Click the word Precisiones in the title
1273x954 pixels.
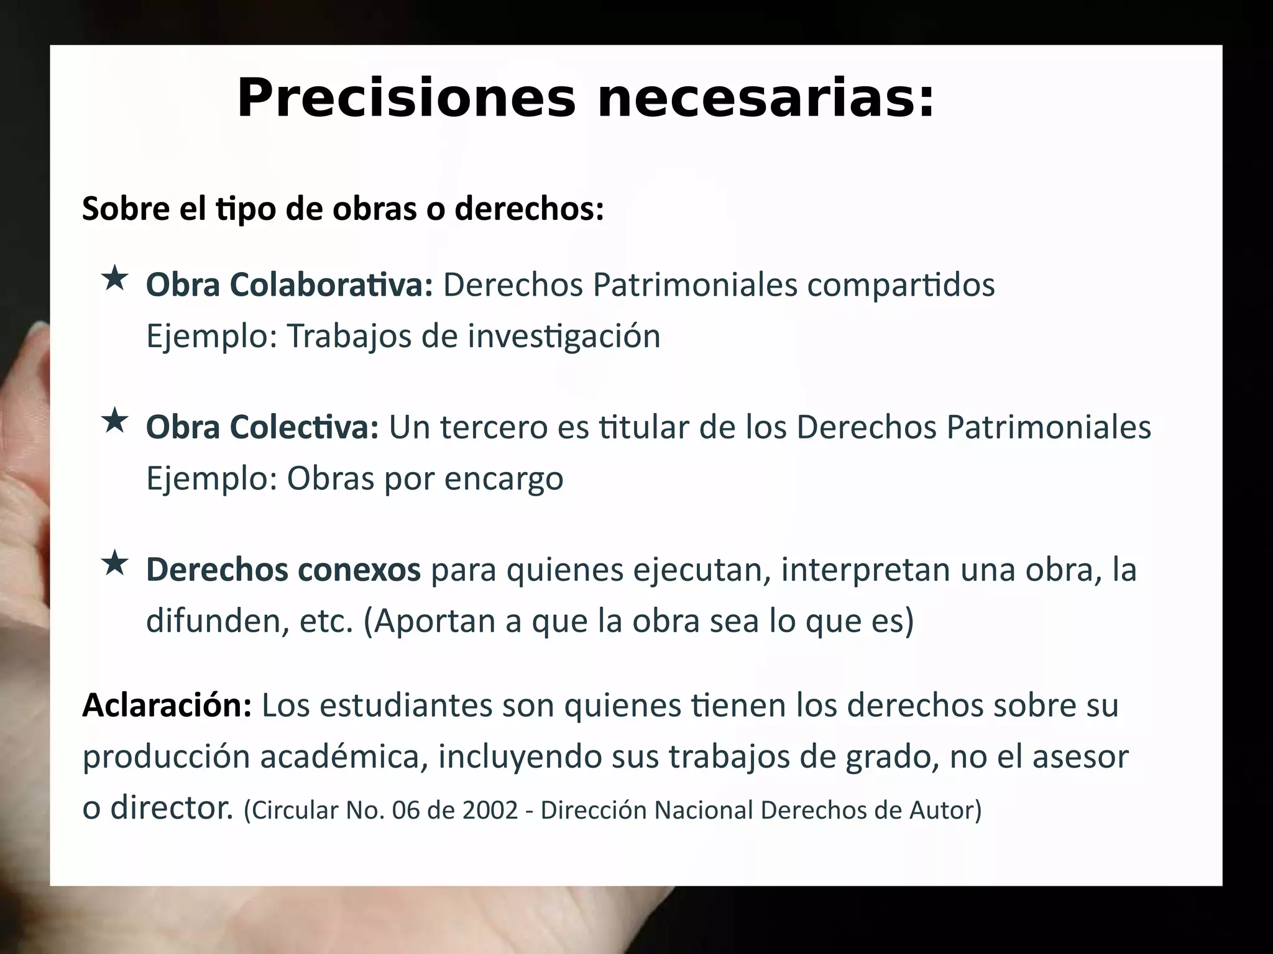click(407, 98)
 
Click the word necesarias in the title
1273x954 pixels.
click(765, 99)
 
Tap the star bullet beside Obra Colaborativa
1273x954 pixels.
click(115, 279)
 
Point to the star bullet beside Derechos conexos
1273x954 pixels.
click(115, 564)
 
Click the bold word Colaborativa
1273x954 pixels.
click(331, 285)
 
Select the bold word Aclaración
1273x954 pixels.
click(167, 705)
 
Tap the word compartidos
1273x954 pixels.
click(901, 285)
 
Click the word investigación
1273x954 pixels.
click(564, 337)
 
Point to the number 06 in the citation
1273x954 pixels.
click(405, 810)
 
